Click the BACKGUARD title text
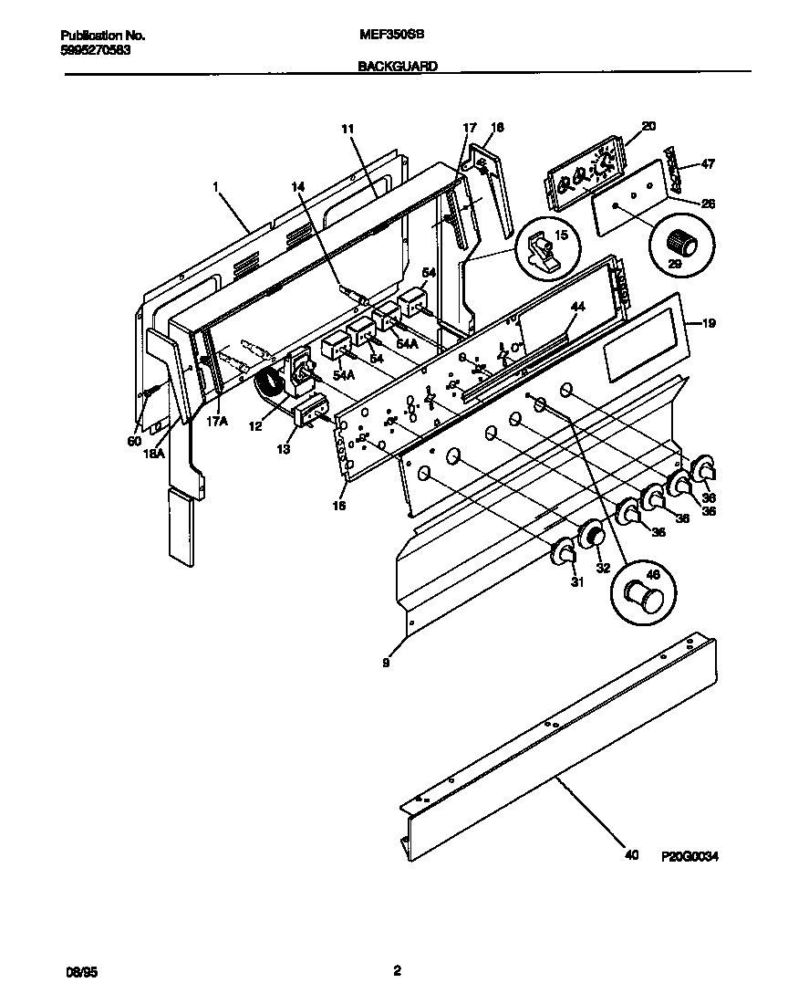pyautogui.click(x=397, y=66)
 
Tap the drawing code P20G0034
pyautogui.click(x=698, y=856)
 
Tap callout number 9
pyautogui.click(x=386, y=664)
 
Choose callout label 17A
pyautogui.click(x=215, y=422)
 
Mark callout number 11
pyautogui.click(x=347, y=130)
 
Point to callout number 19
pyautogui.click(x=710, y=323)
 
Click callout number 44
pyautogui.click(x=576, y=307)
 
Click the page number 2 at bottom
pyautogui.click(x=396, y=971)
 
